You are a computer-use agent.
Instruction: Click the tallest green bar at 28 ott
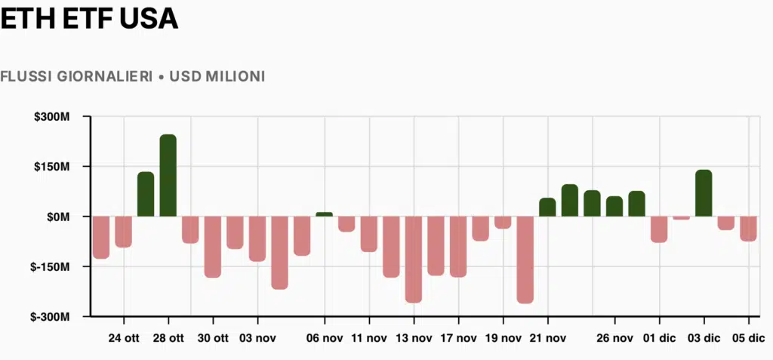click(x=168, y=175)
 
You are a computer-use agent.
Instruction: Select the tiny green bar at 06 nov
click(x=324, y=214)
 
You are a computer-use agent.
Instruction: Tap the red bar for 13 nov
click(x=413, y=259)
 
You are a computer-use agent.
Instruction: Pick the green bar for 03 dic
click(x=704, y=193)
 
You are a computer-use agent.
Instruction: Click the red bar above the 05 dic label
click(x=748, y=229)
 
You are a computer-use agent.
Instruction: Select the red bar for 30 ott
click(x=212, y=247)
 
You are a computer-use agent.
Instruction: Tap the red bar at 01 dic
click(x=658, y=229)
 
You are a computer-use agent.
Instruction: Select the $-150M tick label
click(x=51, y=267)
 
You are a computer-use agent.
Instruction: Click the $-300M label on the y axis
click(x=51, y=317)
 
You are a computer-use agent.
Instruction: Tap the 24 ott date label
click(x=124, y=338)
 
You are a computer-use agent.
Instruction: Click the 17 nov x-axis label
click(x=458, y=338)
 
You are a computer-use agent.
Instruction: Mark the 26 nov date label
click(x=614, y=338)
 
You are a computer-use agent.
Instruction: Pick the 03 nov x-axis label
click(x=257, y=338)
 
